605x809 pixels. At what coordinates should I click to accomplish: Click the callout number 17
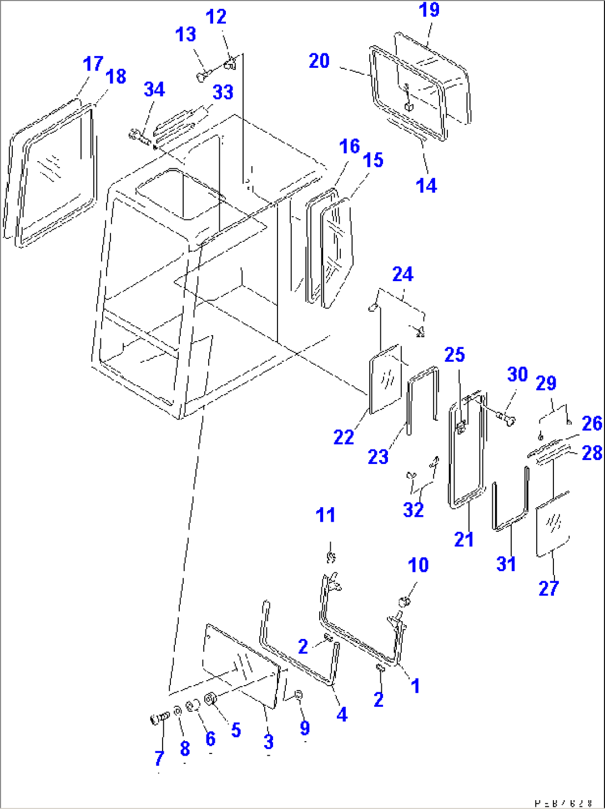point(93,63)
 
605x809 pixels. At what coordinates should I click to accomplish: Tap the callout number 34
point(154,89)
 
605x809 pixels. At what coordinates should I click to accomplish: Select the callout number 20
point(319,61)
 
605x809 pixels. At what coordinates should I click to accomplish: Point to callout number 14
point(426,186)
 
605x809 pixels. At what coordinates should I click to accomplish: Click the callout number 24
point(403,274)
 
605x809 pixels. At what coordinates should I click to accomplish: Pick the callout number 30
point(517,374)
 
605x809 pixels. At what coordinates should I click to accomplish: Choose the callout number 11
point(325,515)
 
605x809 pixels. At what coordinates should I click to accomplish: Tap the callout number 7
point(159,758)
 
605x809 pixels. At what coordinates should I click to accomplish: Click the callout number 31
point(506,563)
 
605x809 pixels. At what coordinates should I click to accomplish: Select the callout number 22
point(344,437)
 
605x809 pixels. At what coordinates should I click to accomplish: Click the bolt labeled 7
point(159,719)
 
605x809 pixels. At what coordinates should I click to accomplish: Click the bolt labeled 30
point(506,416)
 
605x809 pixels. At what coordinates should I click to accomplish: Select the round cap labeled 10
point(405,601)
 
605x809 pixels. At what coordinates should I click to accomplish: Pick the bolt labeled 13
point(203,76)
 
